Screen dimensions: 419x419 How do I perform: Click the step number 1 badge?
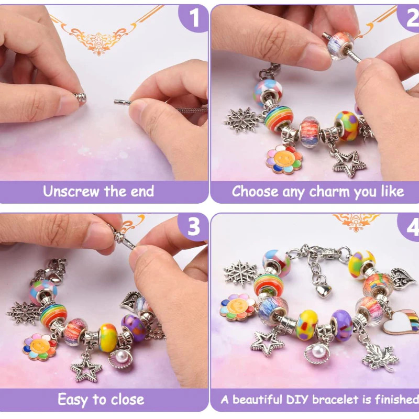click(193, 18)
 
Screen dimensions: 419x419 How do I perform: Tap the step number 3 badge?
click(193, 227)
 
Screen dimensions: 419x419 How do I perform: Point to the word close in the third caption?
click(127, 400)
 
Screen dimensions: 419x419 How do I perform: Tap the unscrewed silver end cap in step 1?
click(80, 97)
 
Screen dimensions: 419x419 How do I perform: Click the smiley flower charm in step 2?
click(284, 160)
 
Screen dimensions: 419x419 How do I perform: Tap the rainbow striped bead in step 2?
click(279, 119)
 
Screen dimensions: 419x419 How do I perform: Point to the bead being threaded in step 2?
click(340, 46)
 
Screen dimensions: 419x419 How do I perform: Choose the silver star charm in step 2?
click(349, 164)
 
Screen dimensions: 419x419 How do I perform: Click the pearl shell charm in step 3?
click(121, 359)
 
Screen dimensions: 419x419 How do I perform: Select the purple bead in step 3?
click(134, 328)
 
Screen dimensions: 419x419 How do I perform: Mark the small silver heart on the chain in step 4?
click(324, 291)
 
